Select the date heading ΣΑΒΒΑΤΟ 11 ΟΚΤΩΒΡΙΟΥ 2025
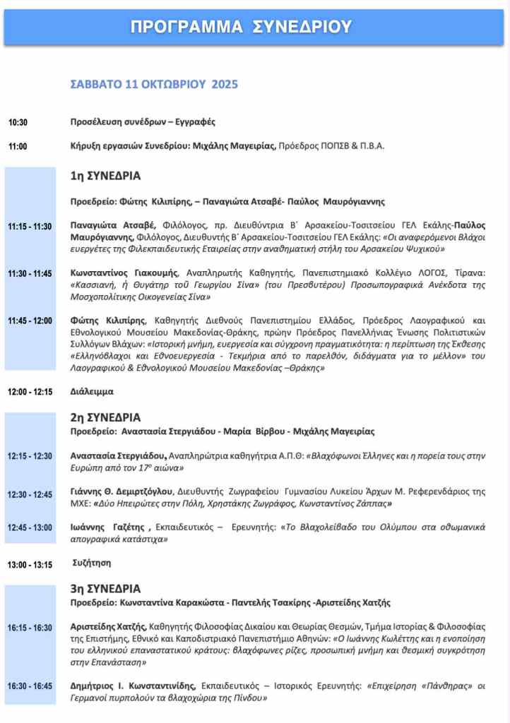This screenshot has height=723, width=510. click(154, 84)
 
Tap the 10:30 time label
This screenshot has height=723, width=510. click(18, 123)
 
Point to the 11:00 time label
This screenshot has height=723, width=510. click(18, 147)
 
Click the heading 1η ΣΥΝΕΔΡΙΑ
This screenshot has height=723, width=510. click(105, 175)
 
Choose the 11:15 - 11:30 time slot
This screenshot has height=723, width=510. click(30, 227)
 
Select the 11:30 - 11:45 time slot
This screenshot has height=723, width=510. click(30, 274)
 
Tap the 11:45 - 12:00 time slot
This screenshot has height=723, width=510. click(30, 321)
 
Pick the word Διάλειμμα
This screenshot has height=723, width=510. click(92, 390)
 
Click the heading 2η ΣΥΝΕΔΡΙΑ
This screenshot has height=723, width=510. click(105, 417)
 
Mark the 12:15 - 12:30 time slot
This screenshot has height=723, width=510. click(30, 456)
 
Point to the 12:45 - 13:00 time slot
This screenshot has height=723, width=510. click(30, 527)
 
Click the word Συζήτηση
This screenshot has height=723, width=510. click(92, 563)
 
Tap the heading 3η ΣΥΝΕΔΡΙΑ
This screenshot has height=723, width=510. click(105, 588)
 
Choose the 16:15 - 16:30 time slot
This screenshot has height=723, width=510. click(30, 628)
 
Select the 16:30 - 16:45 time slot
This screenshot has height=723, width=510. click(30, 686)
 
